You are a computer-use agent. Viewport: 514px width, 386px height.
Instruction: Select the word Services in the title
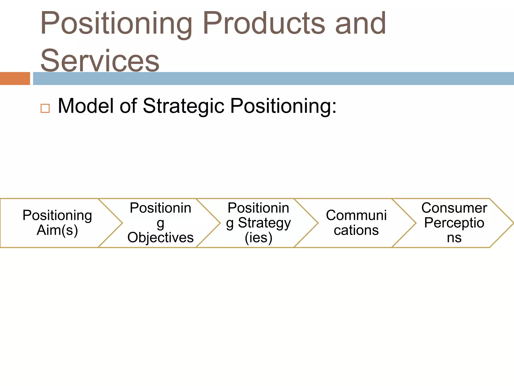100,61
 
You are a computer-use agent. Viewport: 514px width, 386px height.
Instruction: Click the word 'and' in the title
360,24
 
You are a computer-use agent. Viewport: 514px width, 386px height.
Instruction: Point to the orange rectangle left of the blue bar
15,78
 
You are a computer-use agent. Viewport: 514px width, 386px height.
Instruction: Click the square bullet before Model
45,108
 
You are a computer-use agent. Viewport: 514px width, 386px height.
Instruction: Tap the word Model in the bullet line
86,106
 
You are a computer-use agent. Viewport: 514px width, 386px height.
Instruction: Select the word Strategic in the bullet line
183,106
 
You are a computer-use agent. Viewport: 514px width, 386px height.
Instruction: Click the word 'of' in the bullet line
128,106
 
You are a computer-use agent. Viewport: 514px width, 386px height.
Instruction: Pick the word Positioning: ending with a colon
283,106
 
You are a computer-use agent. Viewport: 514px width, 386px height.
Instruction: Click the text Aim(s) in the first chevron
57,230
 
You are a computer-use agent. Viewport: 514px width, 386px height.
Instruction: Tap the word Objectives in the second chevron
160,237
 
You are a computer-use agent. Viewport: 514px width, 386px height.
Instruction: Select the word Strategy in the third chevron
264,223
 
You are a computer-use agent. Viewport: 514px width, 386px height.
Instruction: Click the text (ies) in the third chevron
259,238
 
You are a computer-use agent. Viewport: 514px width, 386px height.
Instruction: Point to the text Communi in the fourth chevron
356,215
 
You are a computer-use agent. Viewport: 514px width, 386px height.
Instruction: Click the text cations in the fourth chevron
356,230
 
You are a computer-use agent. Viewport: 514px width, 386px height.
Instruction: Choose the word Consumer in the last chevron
454,208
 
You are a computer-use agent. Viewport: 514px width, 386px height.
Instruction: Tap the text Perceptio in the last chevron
454,223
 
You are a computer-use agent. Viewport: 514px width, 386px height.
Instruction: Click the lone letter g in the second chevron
160,223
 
